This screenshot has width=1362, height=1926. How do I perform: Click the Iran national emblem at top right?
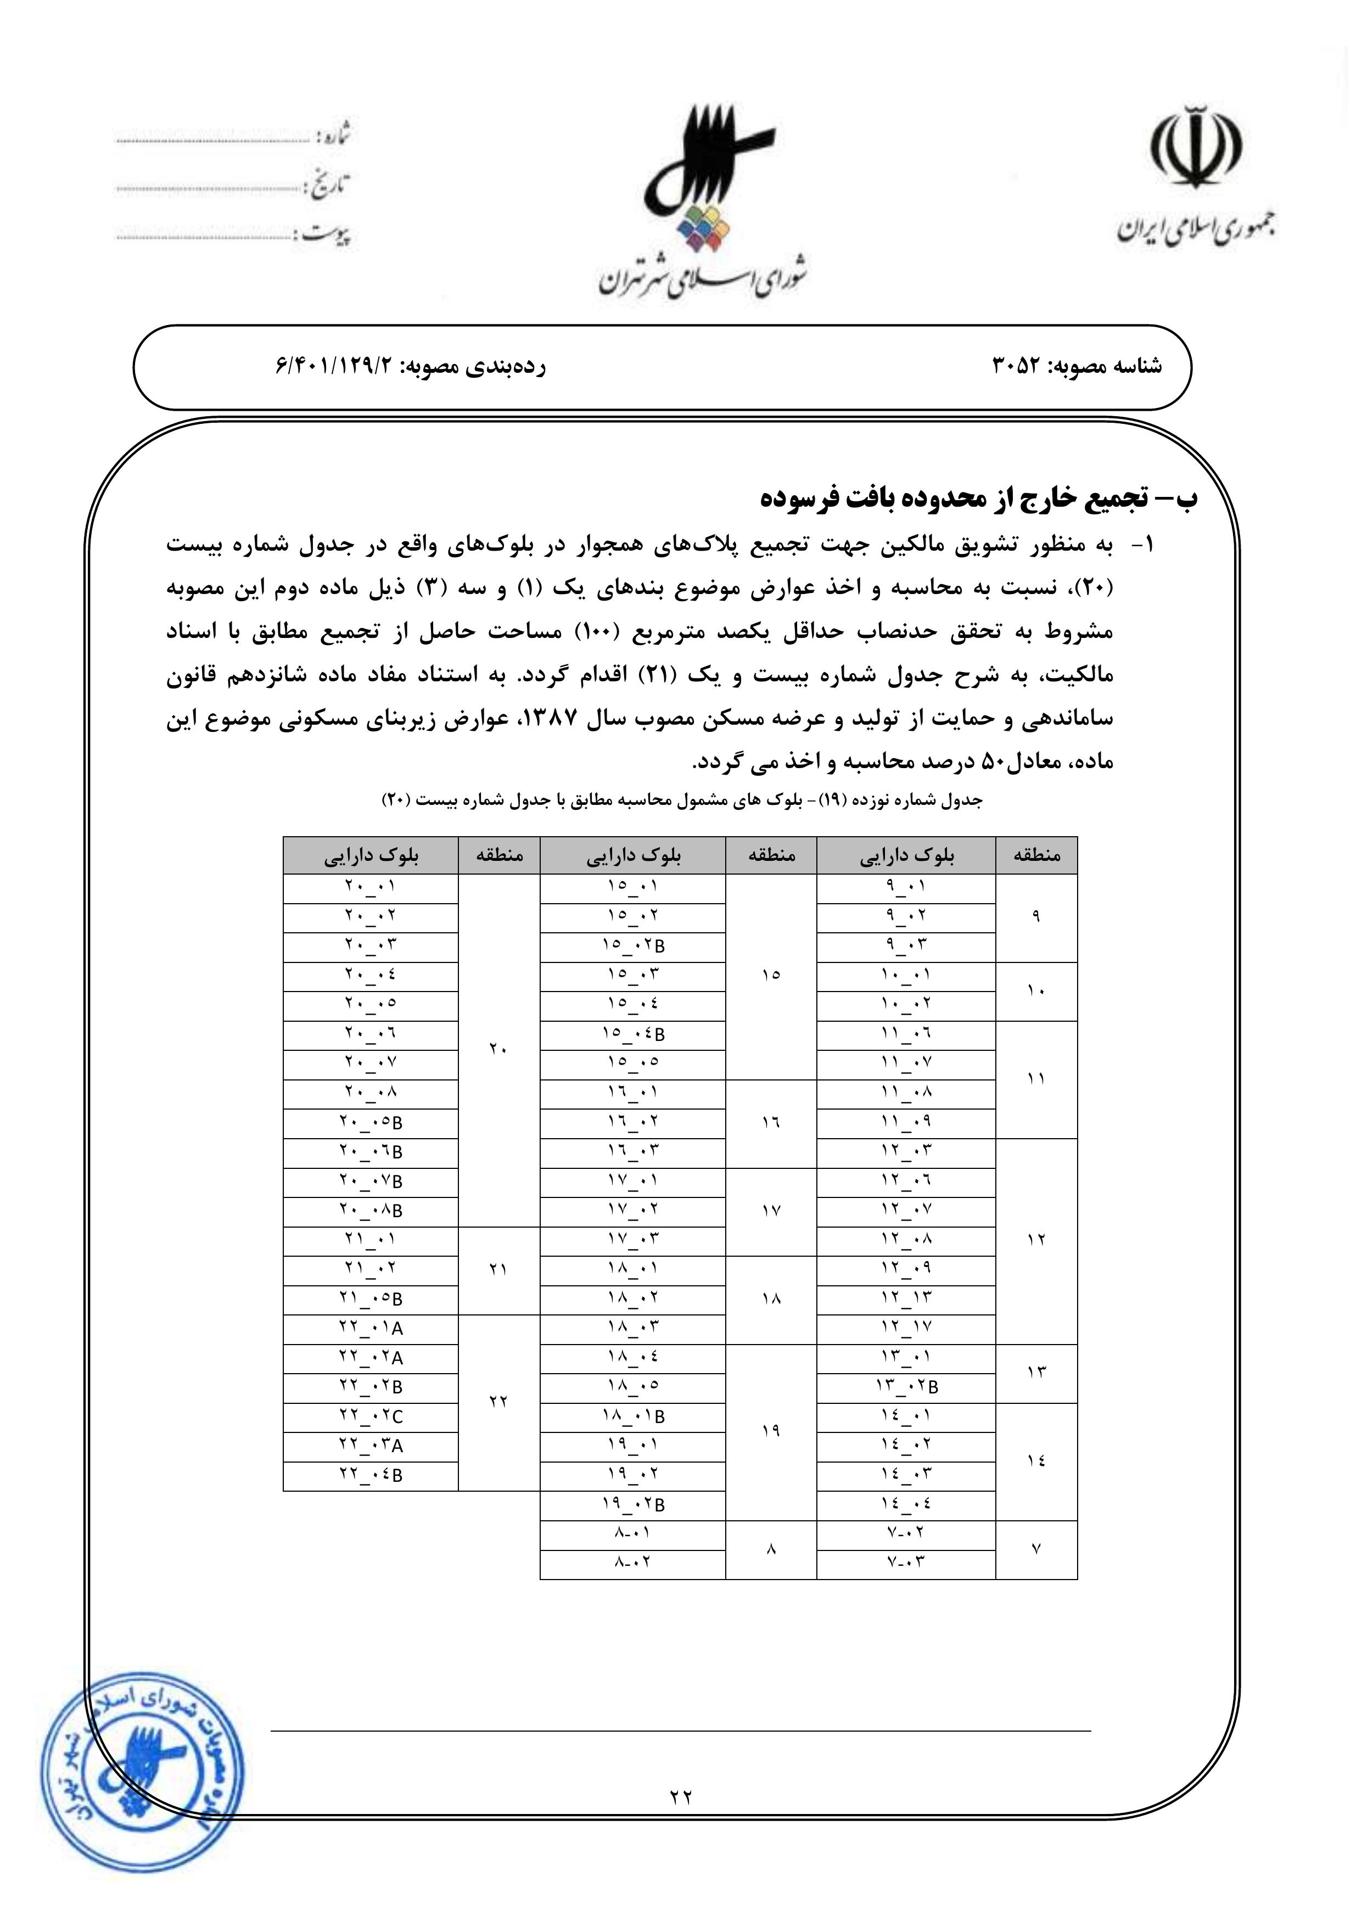(x=1195, y=147)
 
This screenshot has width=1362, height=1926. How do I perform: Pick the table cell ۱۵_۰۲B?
(x=632, y=946)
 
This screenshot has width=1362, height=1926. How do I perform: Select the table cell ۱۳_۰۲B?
(x=906, y=1387)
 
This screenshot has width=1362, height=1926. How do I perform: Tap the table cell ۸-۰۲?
(x=632, y=1563)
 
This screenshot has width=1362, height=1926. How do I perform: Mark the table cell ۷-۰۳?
(x=906, y=1563)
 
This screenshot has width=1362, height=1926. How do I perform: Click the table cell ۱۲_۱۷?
(x=906, y=1328)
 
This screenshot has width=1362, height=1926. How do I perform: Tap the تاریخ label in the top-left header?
(x=329, y=186)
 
